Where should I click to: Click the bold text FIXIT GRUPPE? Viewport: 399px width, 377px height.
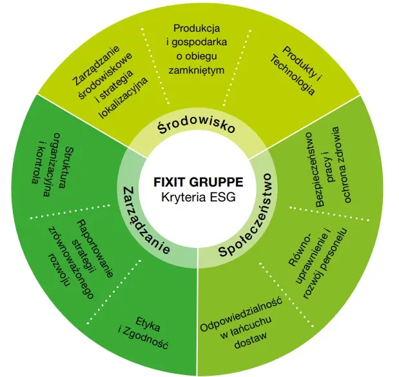coord(199,182)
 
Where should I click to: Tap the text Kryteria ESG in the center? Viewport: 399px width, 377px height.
coord(199,198)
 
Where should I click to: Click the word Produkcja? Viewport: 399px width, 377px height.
coord(197,28)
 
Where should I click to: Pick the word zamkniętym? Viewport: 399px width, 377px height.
coord(197,70)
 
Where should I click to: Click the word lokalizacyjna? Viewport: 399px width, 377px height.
coord(124,97)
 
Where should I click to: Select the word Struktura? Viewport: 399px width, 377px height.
coord(64,167)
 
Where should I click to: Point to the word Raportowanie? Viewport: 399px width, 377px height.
coord(95,249)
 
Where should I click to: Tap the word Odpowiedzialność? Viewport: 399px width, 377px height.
coord(241,314)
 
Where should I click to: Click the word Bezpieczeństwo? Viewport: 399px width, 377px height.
coord(316,170)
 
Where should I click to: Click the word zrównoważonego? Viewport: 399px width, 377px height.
coord(72,263)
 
